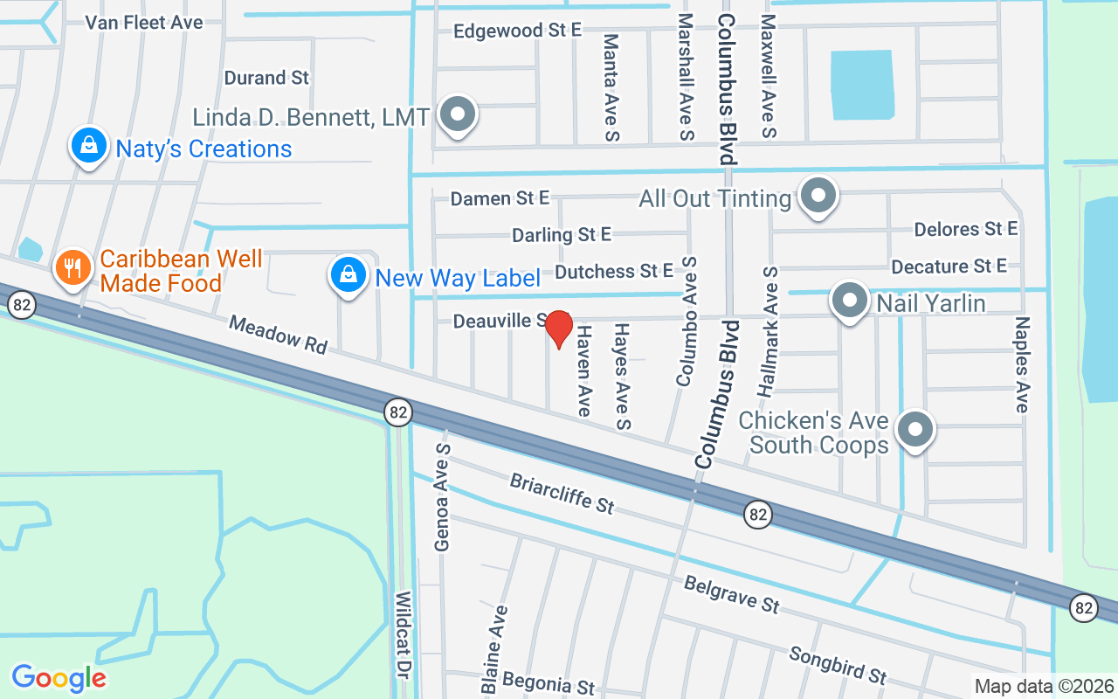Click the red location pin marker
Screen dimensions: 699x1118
(x=558, y=329)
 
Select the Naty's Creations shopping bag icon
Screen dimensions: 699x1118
(x=89, y=146)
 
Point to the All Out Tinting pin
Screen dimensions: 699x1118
(x=818, y=197)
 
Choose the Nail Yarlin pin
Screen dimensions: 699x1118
(x=848, y=301)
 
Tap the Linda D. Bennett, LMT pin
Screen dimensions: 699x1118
(x=457, y=114)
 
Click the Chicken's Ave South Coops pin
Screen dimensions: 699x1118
(x=915, y=429)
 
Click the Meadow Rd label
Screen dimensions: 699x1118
(x=278, y=335)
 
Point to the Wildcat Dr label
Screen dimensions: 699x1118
(x=404, y=642)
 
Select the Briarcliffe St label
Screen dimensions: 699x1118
(x=562, y=494)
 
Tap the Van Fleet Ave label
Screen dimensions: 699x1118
(x=144, y=22)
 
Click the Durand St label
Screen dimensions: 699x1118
(x=266, y=78)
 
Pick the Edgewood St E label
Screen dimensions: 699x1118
(x=517, y=31)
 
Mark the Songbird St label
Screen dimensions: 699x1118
(x=838, y=665)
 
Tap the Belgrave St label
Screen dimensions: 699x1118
(x=731, y=593)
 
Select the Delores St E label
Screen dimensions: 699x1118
(x=966, y=229)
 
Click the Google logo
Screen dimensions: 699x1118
(x=59, y=677)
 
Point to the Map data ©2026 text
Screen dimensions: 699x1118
(x=1045, y=686)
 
